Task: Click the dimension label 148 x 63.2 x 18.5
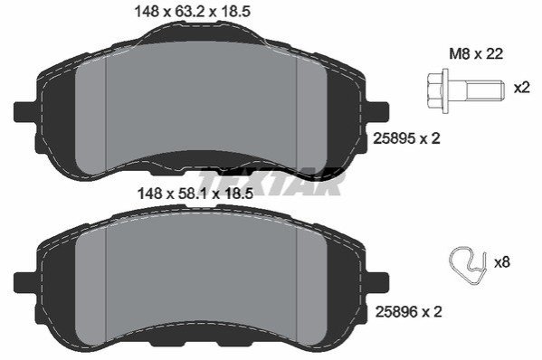tap(192, 12)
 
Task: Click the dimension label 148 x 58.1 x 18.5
tap(195, 194)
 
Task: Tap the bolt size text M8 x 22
tap(476, 54)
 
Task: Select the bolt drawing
tap(464, 89)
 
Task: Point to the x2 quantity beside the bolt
tap(521, 88)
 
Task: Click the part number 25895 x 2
tap(406, 139)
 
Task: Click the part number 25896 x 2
tap(408, 312)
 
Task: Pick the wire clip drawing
tap(467, 265)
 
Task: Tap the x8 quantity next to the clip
tap(502, 262)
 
